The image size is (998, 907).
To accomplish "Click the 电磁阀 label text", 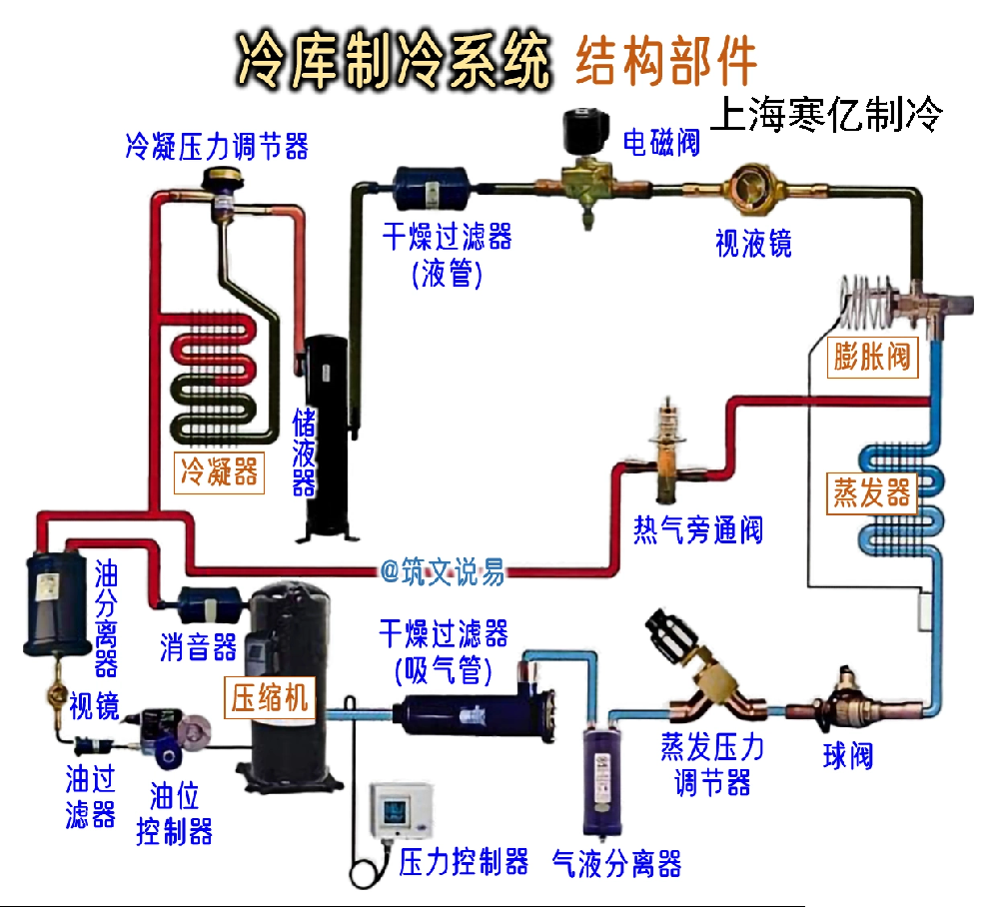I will [661, 143].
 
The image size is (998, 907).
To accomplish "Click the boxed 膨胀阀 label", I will [873, 357].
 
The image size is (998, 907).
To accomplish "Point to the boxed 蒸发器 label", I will [872, 493].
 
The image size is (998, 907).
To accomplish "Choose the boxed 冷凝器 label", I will [219, 470].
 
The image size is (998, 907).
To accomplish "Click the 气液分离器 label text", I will [617, 862].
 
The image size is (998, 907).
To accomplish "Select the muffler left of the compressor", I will [207, 602].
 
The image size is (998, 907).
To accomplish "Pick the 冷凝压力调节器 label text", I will [217, 146].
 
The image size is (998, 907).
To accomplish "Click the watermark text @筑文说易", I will [443, 572].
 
